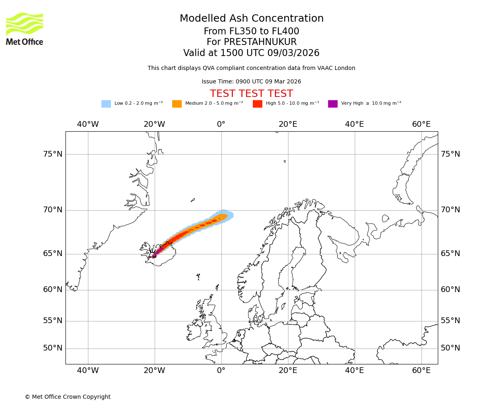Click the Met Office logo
tap(25, 29)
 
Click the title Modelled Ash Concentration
tap(251, 19)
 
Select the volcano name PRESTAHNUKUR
tap(260, 42)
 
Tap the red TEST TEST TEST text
tap(251, 94)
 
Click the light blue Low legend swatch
tap(106, 103)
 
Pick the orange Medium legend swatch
tap(177, 103)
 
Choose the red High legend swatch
tap(257, 103)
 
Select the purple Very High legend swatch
tap(333, 103)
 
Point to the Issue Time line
tap(251, 82)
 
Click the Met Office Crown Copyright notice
tap(68, 397)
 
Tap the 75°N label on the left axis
tap(53, 154)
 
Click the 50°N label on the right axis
tap(450, 348)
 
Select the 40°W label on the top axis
tap(88, 124)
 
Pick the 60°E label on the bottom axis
tap(421, 371)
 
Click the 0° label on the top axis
tap(221, 124)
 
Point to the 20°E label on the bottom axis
tap(288, 371)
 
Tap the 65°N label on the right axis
tap(450, 254)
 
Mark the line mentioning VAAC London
tap(251, 68)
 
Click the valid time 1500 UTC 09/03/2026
tap(270, 53)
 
